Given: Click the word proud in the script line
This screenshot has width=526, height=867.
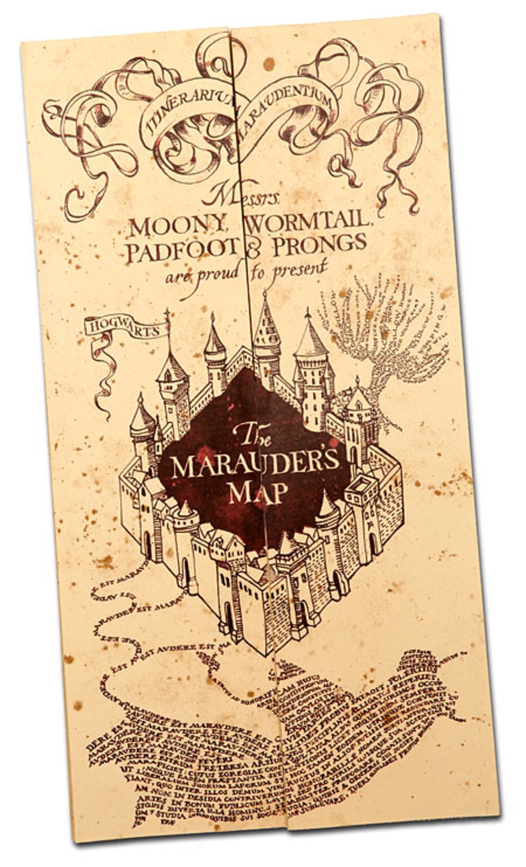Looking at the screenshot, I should tap(215, 272).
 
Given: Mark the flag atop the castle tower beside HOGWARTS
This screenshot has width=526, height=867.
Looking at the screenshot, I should tap(167, 317).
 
